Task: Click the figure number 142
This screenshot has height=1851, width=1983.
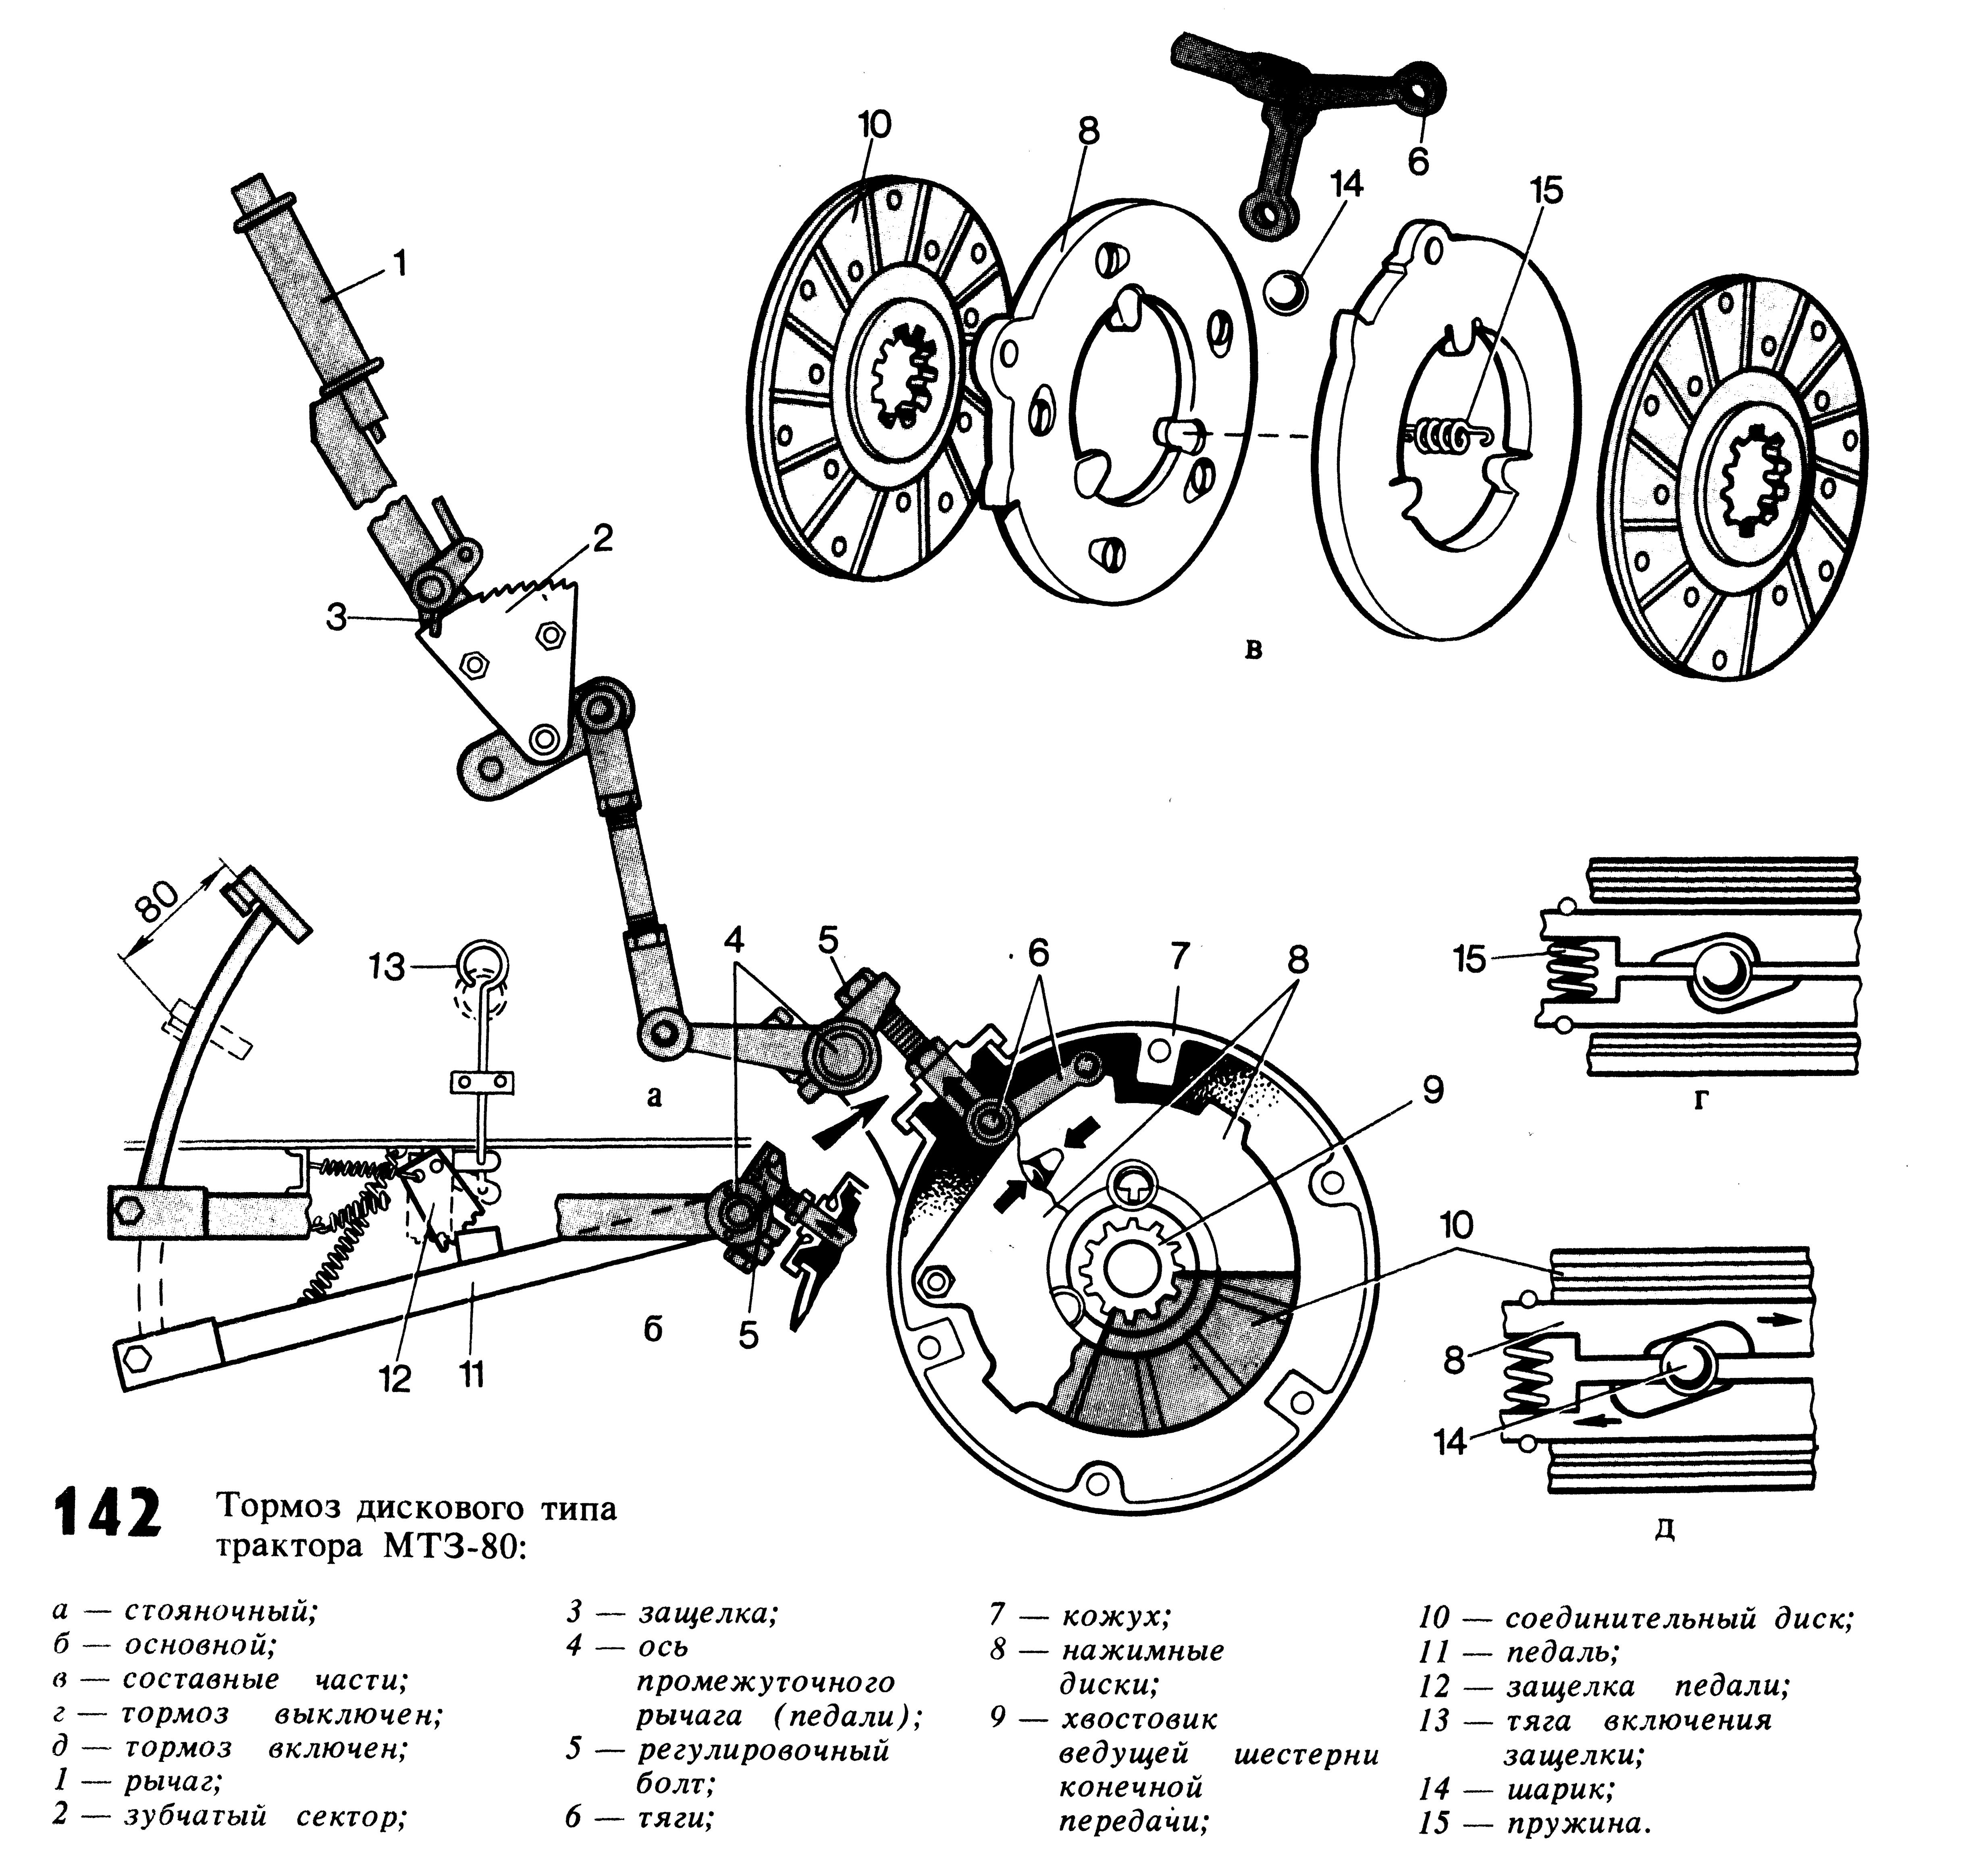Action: (108, 1514)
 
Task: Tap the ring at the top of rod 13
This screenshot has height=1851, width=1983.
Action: (483, 964)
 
